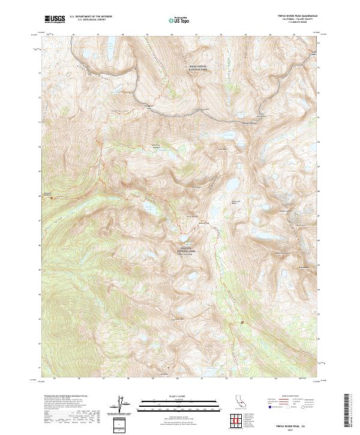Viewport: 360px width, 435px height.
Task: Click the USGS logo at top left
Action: (55, 20)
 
